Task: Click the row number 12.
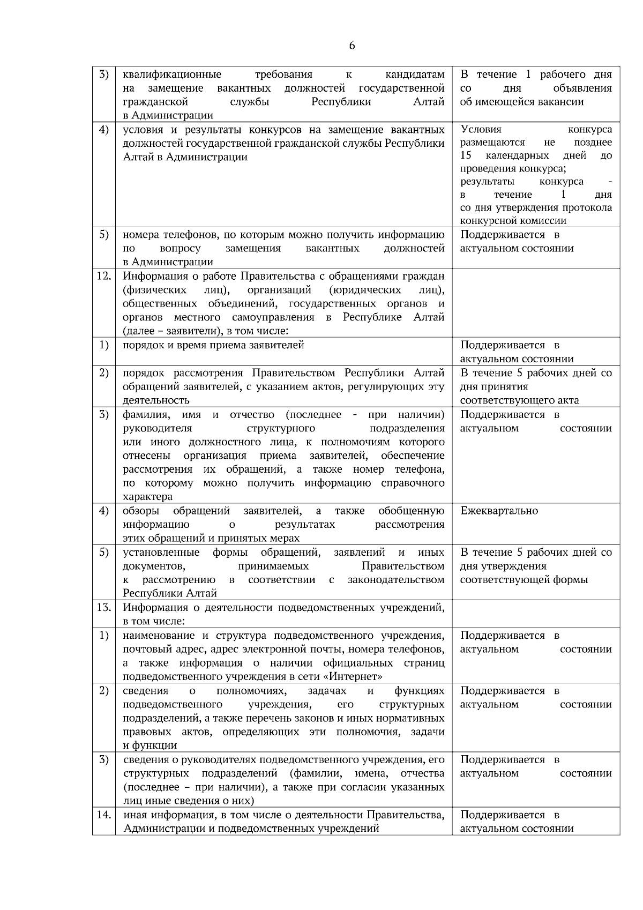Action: tap(103, 277)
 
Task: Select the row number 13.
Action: tap(103, 608)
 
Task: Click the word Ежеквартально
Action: tap(499, 511)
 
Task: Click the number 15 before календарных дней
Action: tap(466, 155)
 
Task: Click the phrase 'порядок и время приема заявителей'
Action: tap(213, 345)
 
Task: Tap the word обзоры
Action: tap(140, 511)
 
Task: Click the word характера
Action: tap(147, 497)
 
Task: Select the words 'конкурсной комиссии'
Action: tap(513, 221)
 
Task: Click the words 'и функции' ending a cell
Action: tap(143, 745)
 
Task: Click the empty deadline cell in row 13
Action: tap(535, 614)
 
